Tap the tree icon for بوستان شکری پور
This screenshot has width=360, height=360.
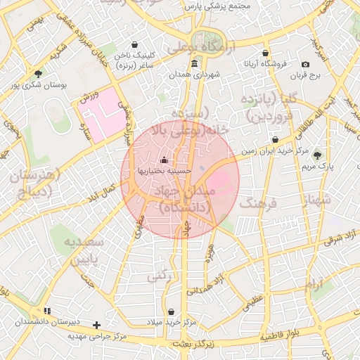[38, 73]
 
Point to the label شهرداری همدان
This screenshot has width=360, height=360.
[195, 74]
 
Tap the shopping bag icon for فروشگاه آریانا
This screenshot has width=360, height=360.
[264, 53]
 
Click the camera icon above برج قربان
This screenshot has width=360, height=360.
[305, 65]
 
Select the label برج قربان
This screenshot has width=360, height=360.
[307, 75]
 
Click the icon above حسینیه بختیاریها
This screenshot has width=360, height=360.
[165, 160]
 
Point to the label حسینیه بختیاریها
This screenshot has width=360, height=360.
[165, 170]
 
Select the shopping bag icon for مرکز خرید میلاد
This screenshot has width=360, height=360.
[172, 311]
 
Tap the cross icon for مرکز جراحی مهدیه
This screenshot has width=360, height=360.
[96, 326]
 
